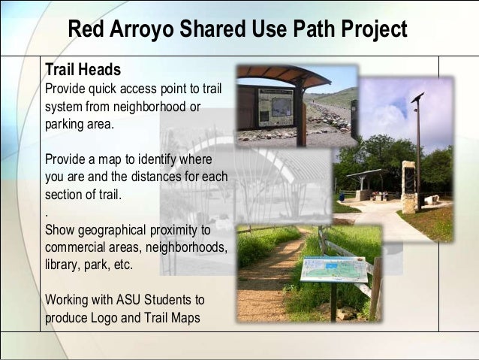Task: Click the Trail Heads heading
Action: coord(83,70)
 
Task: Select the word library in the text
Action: coord(62,265)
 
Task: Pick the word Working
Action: coord(66,300)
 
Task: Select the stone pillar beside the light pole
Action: coord(408,188)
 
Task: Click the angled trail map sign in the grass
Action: coord(335,269)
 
